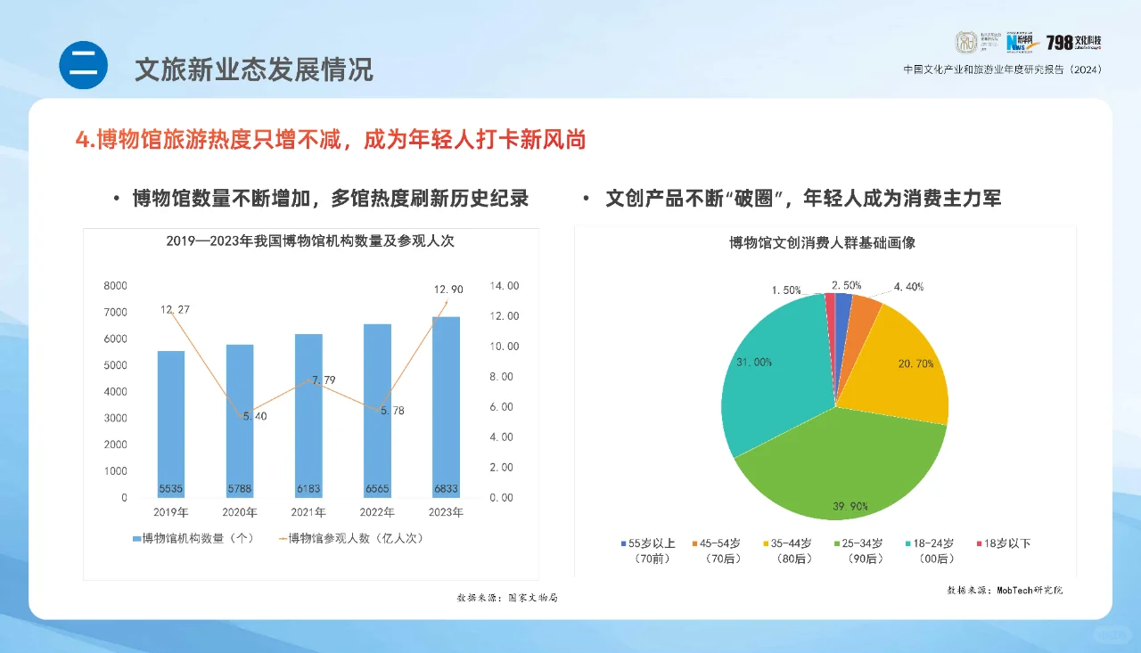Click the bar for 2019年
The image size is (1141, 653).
point(171,423)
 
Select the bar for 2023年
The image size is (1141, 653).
point(446,406)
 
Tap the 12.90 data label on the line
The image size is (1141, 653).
point(448,290)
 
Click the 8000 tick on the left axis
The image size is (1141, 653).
point(116,286)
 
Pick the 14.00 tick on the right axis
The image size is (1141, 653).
point(504,286)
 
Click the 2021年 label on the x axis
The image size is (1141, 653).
point(308,512)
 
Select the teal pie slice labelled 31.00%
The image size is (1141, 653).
point(771,374)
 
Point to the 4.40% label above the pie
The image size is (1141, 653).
point(908,287)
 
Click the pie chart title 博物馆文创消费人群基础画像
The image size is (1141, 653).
point(822,242)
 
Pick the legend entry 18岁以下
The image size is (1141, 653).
point(1006,543)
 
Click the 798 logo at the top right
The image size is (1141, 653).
point(1074,43)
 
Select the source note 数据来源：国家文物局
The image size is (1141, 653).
point(507,598)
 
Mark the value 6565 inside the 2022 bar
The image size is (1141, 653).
point(377,489)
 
